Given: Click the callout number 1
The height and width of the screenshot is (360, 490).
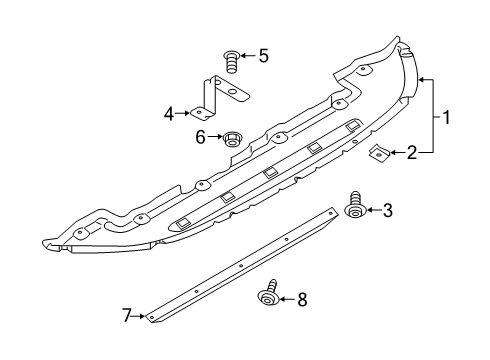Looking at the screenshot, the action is [446, 118].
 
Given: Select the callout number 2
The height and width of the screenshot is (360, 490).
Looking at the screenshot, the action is [412, 153].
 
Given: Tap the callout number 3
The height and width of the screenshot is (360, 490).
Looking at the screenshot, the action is [387, 210].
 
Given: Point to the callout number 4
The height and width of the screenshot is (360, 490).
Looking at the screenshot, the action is [169, 114].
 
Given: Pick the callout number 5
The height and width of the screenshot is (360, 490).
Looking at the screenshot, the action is [263, 56].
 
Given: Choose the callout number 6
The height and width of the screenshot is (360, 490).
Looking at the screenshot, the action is [200, 137].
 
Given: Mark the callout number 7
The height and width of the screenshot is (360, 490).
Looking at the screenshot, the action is [126, 315].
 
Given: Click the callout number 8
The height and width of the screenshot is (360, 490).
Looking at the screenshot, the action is [302, 299].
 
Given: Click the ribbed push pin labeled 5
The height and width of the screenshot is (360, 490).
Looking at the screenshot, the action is [232, 61].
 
